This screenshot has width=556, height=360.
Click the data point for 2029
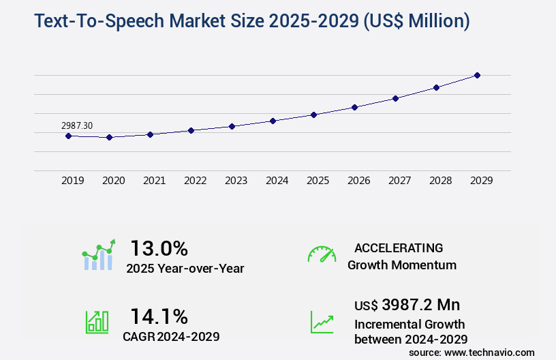point(477,75)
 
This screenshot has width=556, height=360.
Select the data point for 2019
point(68,136)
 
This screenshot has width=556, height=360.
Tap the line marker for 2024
point(273,121)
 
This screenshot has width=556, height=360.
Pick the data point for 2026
point(354,107)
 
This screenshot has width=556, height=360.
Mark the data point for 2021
point(150,134)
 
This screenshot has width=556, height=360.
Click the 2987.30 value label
point(77,125)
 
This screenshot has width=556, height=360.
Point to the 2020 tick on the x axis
point(113,181)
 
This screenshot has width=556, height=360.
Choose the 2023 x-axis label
point(236,181)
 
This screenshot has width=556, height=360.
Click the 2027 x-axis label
point(399,181)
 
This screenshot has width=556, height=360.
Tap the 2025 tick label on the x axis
point(318,181)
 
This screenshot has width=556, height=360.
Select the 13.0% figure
point(159,247)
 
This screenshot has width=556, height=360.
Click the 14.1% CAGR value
point(159,316)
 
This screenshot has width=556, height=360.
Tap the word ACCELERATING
point(399,247)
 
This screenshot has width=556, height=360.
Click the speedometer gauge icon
point(322,254)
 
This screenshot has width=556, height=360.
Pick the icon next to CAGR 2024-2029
point(97,322)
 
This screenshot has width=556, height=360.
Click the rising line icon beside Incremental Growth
point(322,322)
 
